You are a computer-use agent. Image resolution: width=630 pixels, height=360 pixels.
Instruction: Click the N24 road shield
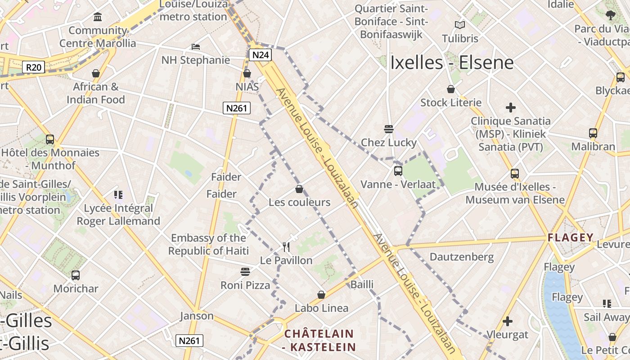261,55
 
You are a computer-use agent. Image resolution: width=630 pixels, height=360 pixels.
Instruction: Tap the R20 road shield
34,67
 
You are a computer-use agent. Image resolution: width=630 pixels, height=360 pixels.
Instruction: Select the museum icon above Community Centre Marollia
98,17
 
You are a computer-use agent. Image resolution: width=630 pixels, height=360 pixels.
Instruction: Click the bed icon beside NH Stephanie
196,46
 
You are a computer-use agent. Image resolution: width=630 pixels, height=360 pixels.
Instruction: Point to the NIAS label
247,86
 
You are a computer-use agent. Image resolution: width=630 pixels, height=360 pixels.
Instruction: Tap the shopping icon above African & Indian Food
96,73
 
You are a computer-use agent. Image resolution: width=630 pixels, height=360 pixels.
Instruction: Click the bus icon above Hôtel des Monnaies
50,139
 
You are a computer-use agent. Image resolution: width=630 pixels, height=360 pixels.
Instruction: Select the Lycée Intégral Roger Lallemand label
118,215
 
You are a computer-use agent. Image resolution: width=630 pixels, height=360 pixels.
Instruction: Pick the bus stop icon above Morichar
76,275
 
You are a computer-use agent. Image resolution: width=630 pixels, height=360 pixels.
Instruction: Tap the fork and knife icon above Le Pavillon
286,247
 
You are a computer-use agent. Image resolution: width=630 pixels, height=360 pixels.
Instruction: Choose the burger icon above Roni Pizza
245,271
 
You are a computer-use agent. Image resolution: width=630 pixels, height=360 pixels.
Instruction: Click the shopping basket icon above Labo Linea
321,295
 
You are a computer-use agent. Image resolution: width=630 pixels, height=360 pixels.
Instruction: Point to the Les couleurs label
299,202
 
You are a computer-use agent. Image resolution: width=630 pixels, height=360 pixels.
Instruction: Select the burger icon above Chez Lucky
389,129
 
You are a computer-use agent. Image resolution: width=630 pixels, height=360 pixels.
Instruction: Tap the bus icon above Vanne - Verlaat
398,171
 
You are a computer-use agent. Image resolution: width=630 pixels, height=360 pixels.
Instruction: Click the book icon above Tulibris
459,25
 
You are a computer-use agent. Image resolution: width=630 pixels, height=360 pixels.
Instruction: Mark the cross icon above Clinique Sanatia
511,108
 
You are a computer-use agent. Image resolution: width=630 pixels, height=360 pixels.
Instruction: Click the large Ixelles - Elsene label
452,63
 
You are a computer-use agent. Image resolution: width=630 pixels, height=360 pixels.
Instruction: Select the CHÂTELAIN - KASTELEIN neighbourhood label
319,340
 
